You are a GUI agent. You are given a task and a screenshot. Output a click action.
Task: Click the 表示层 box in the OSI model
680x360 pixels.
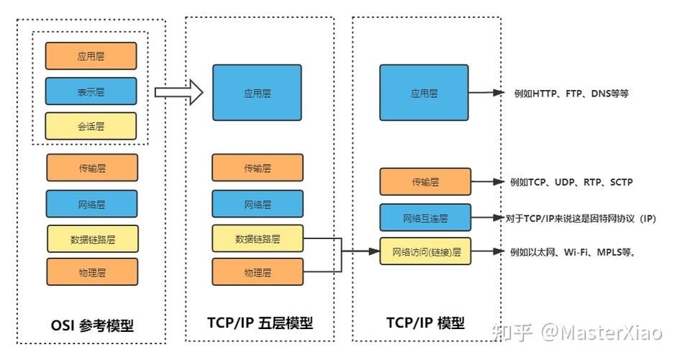point(91,91)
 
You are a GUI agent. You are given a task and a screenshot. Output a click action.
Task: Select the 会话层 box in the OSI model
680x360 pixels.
point(91,126)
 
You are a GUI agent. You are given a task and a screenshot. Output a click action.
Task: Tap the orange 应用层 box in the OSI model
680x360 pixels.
point(91,56)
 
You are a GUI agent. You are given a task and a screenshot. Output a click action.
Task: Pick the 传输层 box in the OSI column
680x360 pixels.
point(92,168)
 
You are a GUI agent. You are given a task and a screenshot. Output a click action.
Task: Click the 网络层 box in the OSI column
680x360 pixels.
point(92,204)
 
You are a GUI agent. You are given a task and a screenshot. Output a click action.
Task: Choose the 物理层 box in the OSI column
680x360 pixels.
point(92,271)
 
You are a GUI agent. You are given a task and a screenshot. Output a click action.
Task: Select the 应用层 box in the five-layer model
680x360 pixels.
point(257,93)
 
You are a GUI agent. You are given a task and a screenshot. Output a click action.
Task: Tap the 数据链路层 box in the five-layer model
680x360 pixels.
point(258,238)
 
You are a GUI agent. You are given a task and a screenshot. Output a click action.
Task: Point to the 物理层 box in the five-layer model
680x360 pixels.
point(258,272)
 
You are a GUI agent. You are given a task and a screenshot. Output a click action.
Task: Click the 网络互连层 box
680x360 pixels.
point(425,217)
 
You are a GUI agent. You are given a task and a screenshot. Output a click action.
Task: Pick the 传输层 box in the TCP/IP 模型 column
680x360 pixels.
point(425,182)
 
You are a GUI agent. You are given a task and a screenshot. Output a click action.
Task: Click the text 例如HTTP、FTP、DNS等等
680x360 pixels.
point(571,93)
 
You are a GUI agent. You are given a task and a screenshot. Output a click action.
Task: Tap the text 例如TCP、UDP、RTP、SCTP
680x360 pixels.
point(571,182)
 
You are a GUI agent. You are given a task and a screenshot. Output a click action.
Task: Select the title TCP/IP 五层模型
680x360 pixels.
point(260,323)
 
